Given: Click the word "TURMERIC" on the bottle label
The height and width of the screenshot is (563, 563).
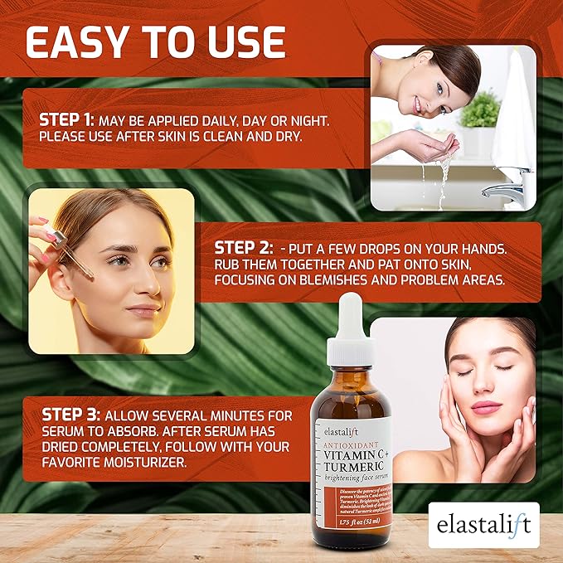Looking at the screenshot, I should point(357,467).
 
